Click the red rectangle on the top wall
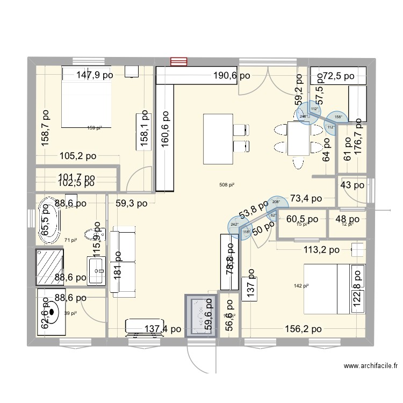(178, 61)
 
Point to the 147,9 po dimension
(95, 75)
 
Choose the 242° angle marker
(235, 225)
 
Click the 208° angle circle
(276, 202)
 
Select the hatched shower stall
(50, 266)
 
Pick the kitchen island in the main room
(217, 138)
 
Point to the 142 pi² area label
(301, 286)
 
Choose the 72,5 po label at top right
(335, 76)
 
